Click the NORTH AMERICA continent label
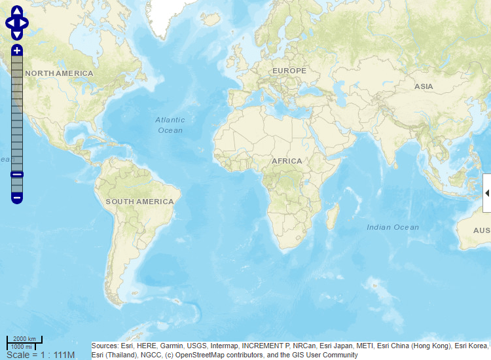pyautogui.click(x=59, y=73)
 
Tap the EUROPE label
pyautogui.click(x=289, y=71)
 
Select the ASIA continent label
pyautogui.click(x=424, y=86)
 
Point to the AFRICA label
pyautogui.click(x=287, y=161)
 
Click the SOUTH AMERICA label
pyautogui.click(x=139, y=202)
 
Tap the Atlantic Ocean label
pyautogui.click(x=170, y=125)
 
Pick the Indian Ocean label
pyautogui.click(x=393, y=227)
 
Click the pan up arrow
pyautogui.click(x=17, y=12)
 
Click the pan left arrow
pyautogui.click(x=9, y=24)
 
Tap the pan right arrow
pyautogui.click(x=26, y=24)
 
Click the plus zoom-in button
pyautogui.click(x=17, y=50)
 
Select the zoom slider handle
pyautogui.click(x=17, y=174)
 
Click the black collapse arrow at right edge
pyautogui.click(x=487, y=192)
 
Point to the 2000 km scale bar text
pyautogui.click(x=24, y=338)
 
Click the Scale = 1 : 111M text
pyautogui.click(x=41, y=355)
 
